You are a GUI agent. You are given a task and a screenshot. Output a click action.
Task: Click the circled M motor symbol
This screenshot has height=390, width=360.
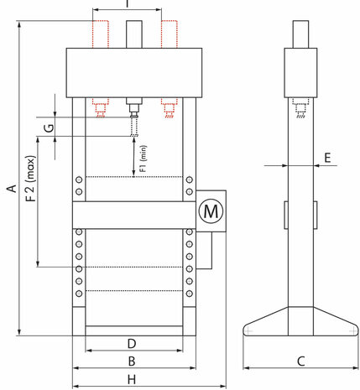tap(211, 211)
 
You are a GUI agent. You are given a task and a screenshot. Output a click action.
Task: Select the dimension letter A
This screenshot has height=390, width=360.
tap(13, 189)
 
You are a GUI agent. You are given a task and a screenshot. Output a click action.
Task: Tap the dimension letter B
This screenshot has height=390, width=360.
tap(132, 361)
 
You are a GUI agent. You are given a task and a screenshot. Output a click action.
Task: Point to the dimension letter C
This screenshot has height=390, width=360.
tap(300, 361)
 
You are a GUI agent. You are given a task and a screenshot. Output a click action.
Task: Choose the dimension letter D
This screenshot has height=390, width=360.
tap(132, 344)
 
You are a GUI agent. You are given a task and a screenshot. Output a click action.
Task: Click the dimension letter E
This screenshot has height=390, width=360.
tap(327, 158)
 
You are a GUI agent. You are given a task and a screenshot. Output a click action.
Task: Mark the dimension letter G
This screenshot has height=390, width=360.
tap(50, 127)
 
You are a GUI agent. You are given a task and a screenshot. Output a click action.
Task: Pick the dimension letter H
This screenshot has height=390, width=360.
tap(132, 380)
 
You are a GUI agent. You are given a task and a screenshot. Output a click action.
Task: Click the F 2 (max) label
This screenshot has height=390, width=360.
tap(31, 179)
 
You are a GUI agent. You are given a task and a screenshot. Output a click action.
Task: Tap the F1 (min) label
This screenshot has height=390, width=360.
tap(143, 159)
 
